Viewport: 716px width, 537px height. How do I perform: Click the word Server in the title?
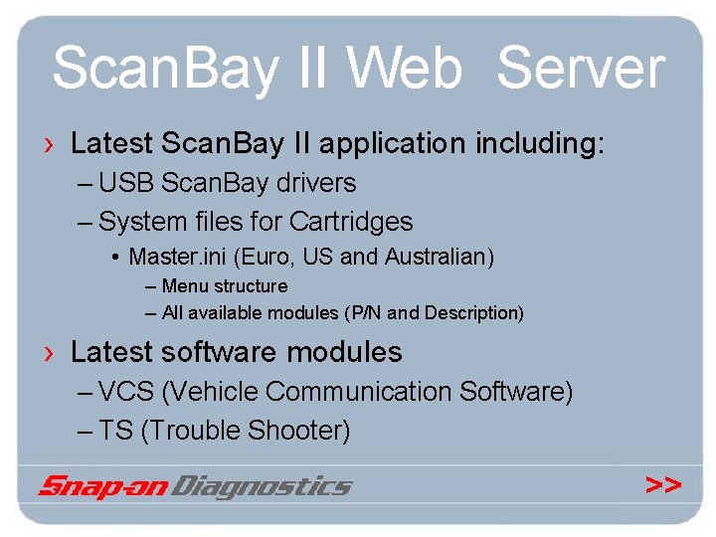click(x=580, y=71)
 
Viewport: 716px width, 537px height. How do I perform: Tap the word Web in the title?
click(x=405, y=71)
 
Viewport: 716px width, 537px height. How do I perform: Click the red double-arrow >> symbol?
click(x=663, y=485)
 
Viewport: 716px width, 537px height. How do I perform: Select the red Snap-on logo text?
click(x=103, y=486)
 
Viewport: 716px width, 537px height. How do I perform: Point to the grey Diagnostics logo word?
click(x=263, y=486)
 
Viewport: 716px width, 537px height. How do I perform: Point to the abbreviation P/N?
click(x=365, y=313)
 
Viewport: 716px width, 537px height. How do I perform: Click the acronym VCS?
click(x=127, y=392)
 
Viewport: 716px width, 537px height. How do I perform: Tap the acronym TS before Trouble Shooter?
click(x=117, y=431)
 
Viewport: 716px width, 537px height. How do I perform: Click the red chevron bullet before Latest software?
click(x=49, y=353)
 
